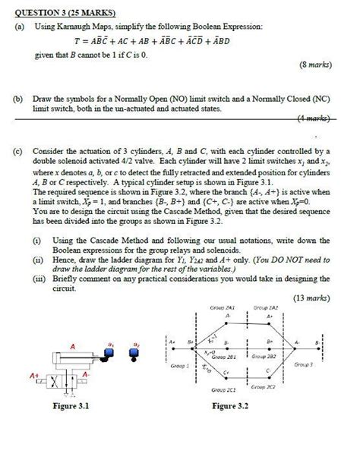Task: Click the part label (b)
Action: pos(22,99)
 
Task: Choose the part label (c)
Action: pos(22,150)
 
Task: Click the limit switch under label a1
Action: pos(116,354)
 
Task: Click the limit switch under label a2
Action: pos(137,354)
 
